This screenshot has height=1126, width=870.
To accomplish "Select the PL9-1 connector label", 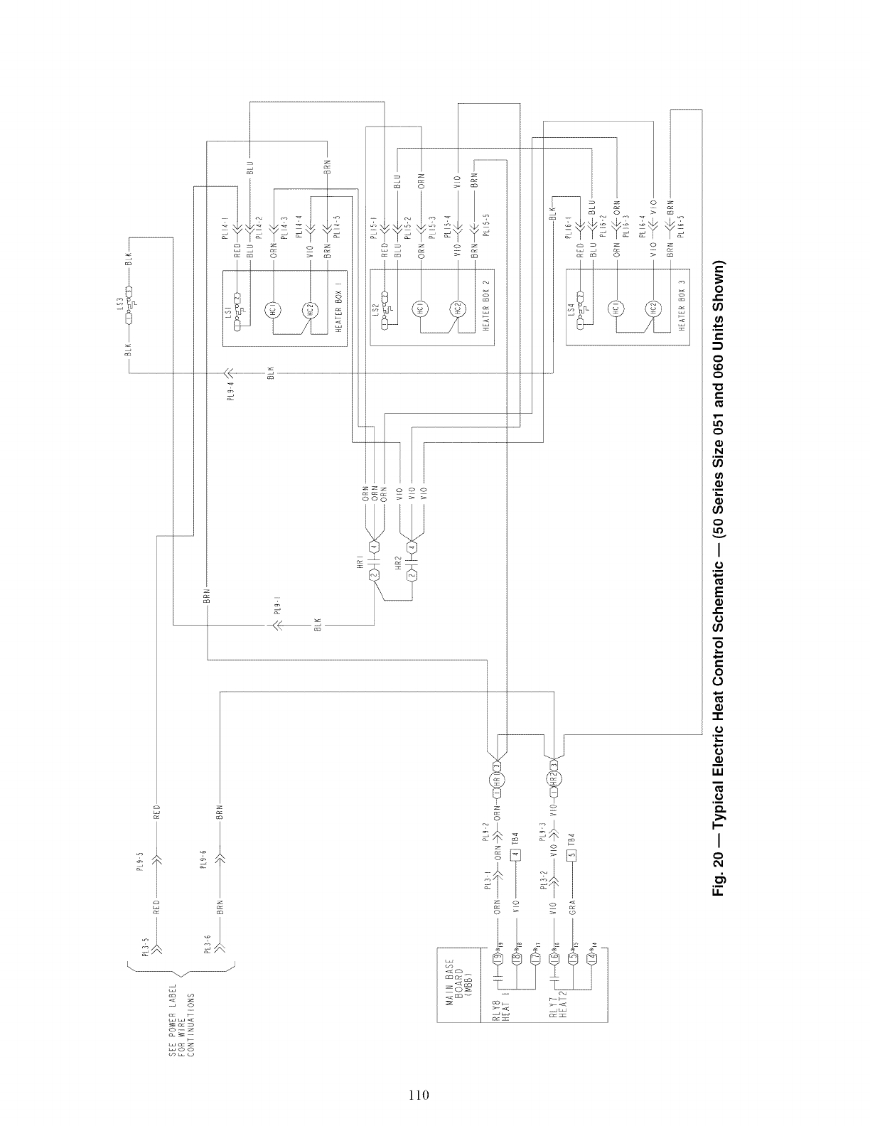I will click(276, 608).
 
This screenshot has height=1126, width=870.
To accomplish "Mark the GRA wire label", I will click(571, 907).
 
